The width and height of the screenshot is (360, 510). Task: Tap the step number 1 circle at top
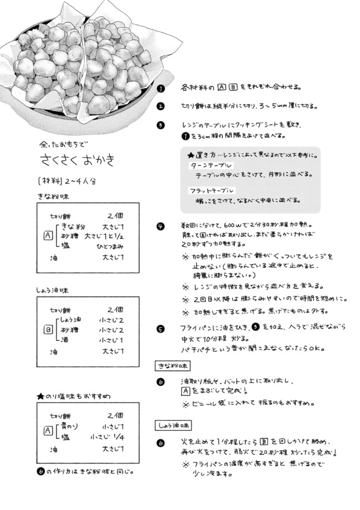tap(160, 88)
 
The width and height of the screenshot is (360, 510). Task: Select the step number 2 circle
tap(160, 106)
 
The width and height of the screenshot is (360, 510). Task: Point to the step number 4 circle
tap(160, 226)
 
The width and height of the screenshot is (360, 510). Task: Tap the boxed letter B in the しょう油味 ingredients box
tap(48, 329)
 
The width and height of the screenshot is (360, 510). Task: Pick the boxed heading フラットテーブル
tap(212, 190)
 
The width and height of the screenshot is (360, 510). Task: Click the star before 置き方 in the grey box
tap(191, 156)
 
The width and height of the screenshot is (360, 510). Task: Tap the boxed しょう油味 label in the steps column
tap(173, 426)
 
